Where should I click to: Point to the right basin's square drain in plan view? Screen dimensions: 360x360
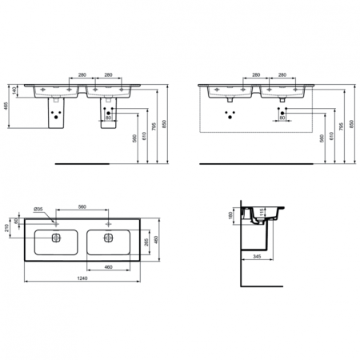point(107,238)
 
